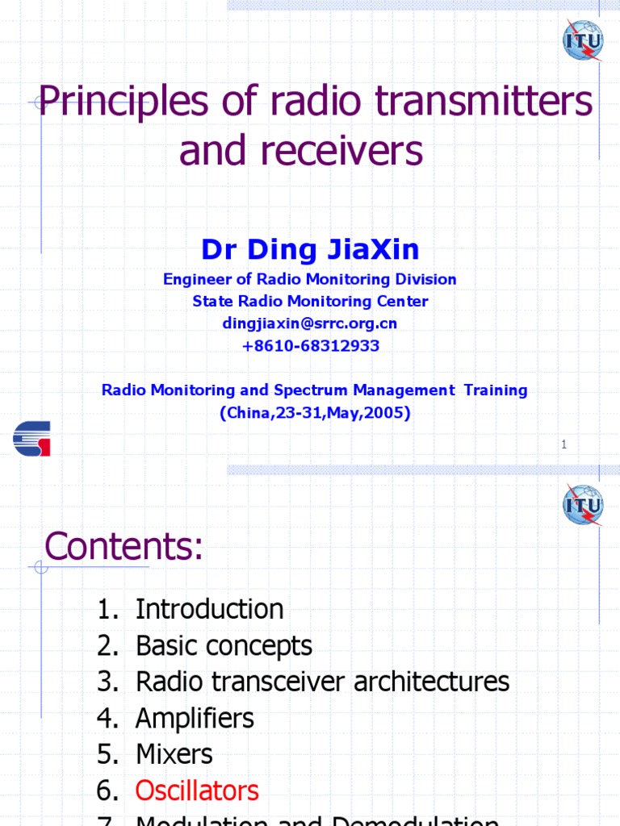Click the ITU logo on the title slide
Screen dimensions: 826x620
coord(583,40)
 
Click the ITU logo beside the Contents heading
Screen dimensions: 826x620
coord(583,506)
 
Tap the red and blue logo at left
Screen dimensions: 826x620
coord(31,438)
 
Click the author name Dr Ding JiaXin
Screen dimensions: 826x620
coord(310,249)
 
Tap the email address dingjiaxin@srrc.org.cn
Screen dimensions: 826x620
coord(310,323)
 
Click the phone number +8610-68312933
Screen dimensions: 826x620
coord(310,346)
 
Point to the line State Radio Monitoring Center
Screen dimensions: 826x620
coord(310,302)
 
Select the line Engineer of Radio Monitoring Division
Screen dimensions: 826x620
coord(310,279)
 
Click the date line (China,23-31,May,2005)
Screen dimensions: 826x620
coord(315,412)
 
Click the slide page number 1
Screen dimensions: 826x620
coord(563,444)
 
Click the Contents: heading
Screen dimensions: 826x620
coord(124,548)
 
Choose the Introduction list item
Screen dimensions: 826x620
coord(209,609)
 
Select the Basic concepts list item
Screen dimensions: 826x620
coord(224,645)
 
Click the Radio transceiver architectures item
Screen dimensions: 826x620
coord(322,682)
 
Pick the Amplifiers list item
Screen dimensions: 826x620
coord(195,718)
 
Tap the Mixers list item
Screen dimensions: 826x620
coord(174,754)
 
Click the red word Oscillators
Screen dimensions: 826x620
coord(197,791)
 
